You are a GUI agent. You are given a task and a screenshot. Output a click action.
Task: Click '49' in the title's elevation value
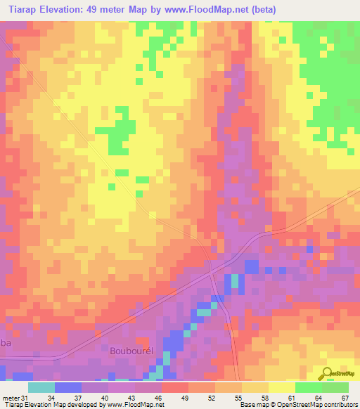click(96, 10)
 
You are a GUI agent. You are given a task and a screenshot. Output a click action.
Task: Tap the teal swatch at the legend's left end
click(41, 387)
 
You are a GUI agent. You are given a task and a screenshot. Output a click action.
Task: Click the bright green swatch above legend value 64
click(308, 387)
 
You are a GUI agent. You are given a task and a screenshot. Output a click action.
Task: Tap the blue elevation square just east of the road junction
click(251, 266)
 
